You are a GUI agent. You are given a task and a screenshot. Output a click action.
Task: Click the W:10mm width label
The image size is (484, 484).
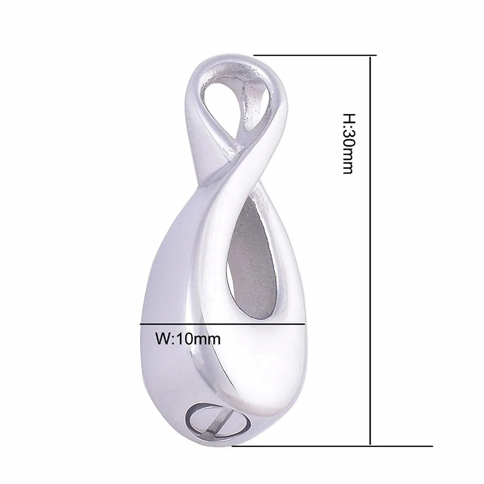[x=188, y=339]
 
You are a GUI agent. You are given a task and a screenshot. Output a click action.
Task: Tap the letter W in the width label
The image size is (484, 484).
[x=162, y=339]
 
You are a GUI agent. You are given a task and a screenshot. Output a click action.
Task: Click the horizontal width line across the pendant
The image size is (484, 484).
[x=223, y=324]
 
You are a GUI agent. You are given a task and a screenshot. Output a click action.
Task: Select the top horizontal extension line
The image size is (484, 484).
[x=315, y=55]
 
